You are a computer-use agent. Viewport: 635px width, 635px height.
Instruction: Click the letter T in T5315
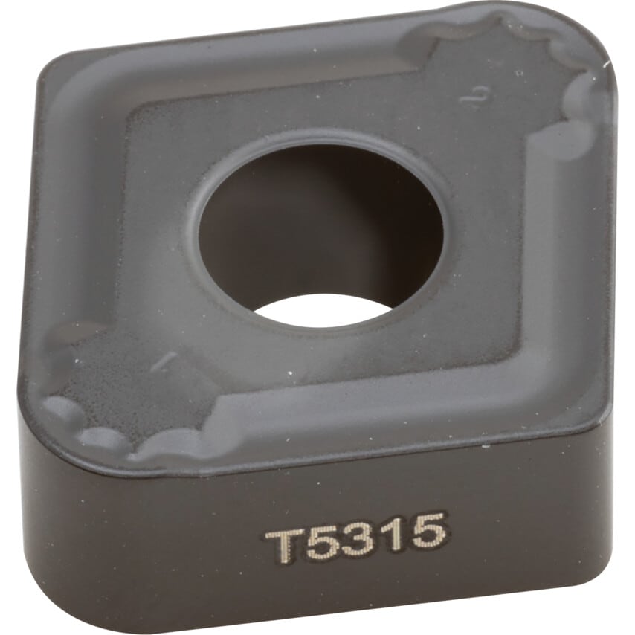point(285,547)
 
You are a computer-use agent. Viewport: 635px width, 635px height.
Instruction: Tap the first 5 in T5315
point(326,543)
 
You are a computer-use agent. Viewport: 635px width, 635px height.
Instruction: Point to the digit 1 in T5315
point(393,534)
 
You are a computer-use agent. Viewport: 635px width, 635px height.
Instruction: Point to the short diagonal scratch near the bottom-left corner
point(163,361)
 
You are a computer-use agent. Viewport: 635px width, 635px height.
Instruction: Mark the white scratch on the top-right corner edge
point(606,65)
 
